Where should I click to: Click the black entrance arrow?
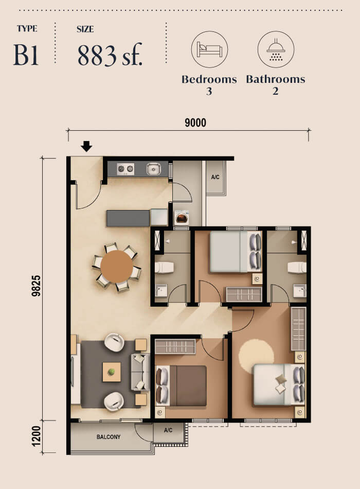coord(86,147)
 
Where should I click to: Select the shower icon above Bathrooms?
coord(275,50)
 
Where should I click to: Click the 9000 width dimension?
coord(195,123)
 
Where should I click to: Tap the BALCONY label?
coord(109,437)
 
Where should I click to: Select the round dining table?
coord(117,267)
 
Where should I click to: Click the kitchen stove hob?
coord(125,168)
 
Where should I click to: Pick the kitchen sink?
coord(154,168)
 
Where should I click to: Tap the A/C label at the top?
coord(215,177)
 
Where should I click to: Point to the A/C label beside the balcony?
coord(168,430)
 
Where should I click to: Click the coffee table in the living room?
coord(112,372)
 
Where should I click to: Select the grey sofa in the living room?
coord(139,372)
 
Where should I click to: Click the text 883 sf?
coord(110,55)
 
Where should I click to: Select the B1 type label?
coord(26,56)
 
